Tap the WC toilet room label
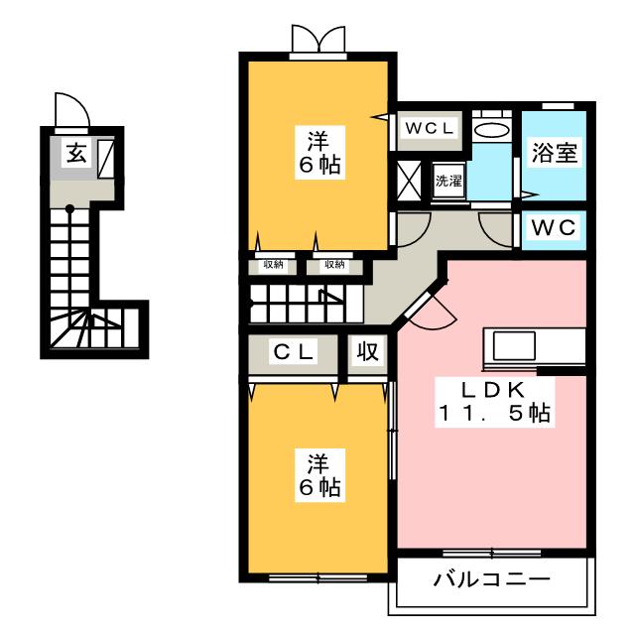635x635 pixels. point(553,227)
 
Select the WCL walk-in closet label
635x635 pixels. point(429,129)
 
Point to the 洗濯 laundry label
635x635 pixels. point(448,181)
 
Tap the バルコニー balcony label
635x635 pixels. point(491,578)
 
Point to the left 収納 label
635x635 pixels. point(274,264)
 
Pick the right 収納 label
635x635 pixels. point(332,264)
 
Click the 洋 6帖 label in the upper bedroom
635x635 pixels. point(318,152)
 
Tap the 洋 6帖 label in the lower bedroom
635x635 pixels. point(318,473)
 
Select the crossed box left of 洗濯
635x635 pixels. point(409,181)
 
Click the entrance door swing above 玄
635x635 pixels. point(72,110)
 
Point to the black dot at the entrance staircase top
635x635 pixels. point(70,208)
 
